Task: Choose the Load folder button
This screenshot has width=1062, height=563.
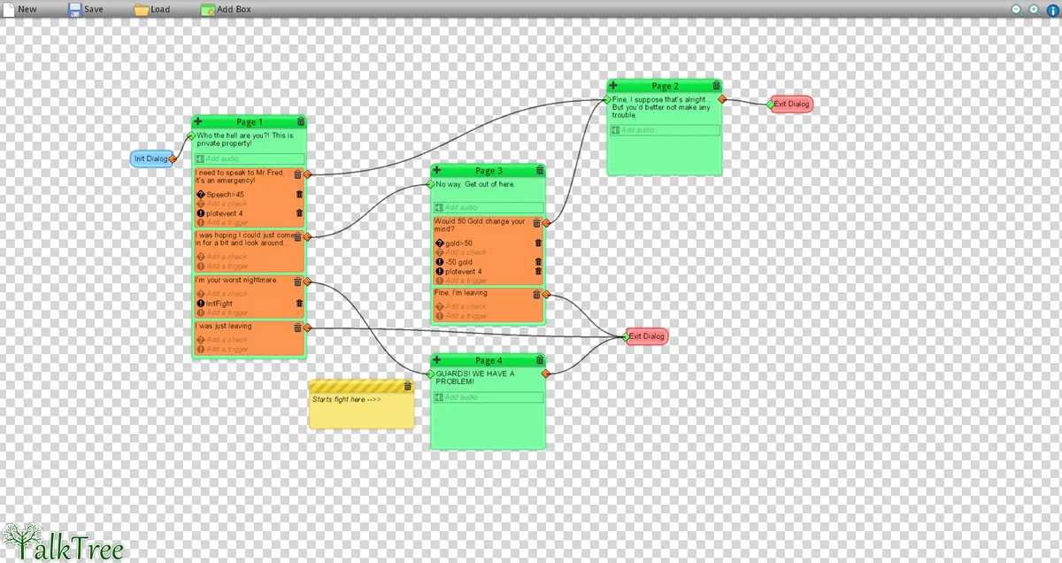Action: pyautogui.click(x=151, y=9)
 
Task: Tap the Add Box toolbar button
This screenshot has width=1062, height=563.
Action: pyautogui.click(x=226, y=9)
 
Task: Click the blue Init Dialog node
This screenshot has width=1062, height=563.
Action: pyautogui.click(x=150, y=158)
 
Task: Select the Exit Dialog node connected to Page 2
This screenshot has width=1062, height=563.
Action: pyautogui.click(x=791, y=104)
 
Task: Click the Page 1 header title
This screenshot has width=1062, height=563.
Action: pyautogui.click(x=247, y=122)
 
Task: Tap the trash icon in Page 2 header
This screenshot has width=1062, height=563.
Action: pyautogui.click(x=716, y=86)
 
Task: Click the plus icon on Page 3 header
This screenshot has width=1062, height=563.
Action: pyautogui.click(x=437, y=170)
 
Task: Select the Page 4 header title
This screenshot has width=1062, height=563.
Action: pyautogui.click(x=489, y=360)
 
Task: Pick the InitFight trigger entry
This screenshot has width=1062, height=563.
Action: pyautogui.click(x=219, y=304)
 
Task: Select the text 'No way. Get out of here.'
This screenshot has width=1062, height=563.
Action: pyautogui.click(x=475, y=184)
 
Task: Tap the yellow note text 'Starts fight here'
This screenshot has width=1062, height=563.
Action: pyautogui.click(x=346, y=399)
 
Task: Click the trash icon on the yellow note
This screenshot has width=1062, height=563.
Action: pyautogui.click(x=407, y=386)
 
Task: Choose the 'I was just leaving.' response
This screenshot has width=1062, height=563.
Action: pyautogui.click(x=224, y=326)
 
